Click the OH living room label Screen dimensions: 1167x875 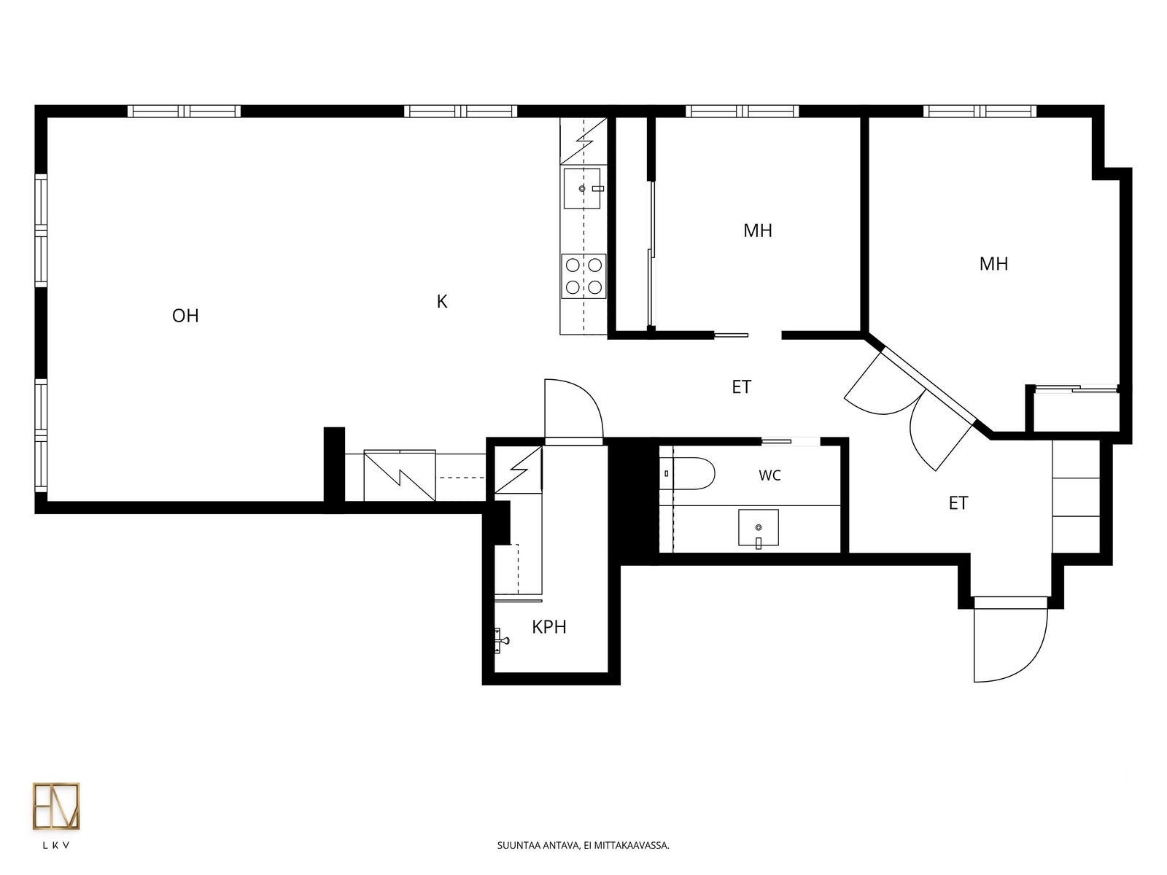(185, 316)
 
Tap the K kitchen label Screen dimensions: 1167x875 (442, 302)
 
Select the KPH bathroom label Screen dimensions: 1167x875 (548, 627)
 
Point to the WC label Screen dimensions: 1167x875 (769, 475)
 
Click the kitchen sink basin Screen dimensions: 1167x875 (581, 189)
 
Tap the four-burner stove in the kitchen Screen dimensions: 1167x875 (583, 276)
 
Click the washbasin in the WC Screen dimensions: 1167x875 (758, 527)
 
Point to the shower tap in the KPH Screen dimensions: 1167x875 (501, 641)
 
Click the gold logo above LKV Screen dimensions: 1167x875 (56, 806)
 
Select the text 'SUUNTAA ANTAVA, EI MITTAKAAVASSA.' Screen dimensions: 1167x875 (583, 845)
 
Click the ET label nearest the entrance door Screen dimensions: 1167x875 (958, 503)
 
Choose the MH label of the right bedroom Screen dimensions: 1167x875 (993, 264)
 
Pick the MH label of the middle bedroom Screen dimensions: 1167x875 (758, 230)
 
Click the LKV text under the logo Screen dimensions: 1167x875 (56, 846)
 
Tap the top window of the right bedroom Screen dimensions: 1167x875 (980, 111)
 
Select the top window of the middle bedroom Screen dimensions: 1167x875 (743, 111)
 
